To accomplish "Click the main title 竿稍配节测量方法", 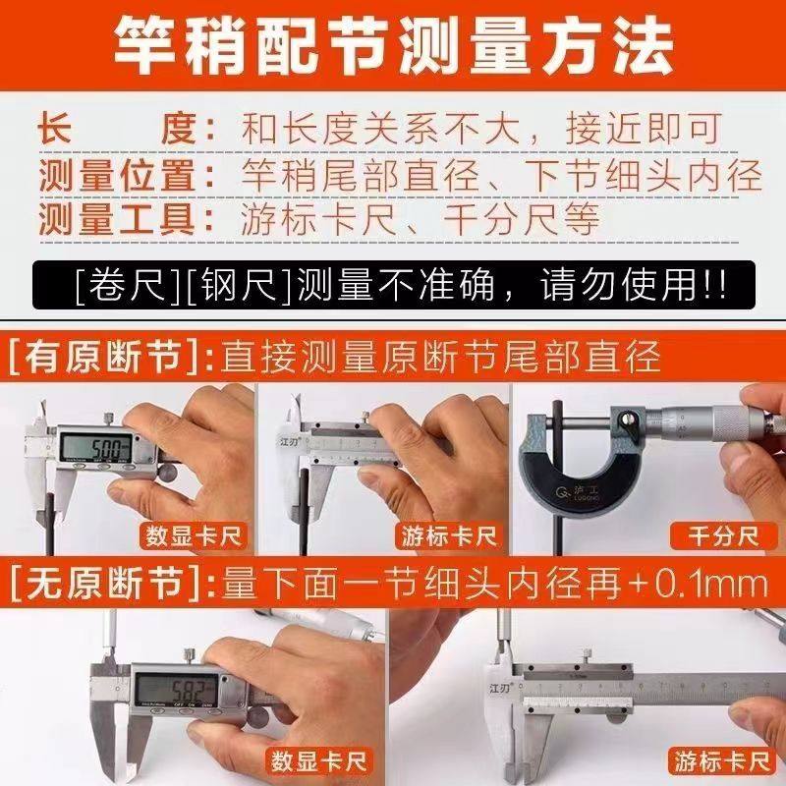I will [393, 44].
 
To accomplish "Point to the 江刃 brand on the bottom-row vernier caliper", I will [499, 691].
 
